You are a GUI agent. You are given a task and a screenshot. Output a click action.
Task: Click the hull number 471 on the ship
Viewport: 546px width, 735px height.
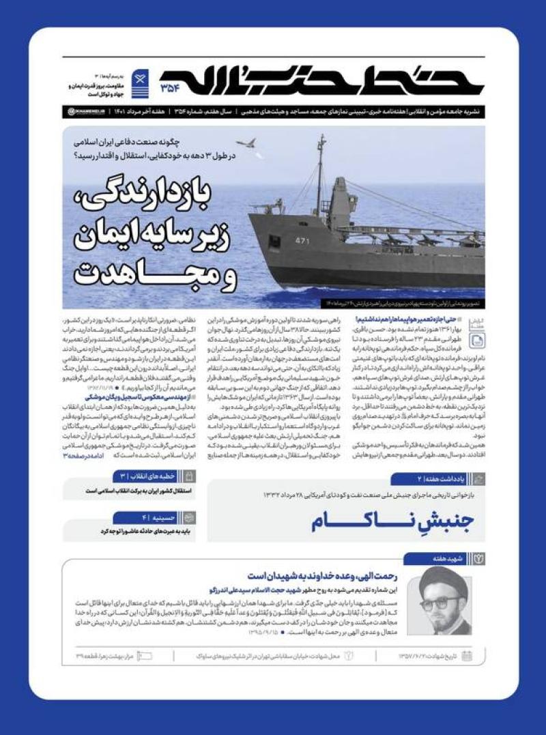(302, 240)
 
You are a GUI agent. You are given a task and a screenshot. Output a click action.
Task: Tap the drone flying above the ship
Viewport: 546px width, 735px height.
(250, 144)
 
